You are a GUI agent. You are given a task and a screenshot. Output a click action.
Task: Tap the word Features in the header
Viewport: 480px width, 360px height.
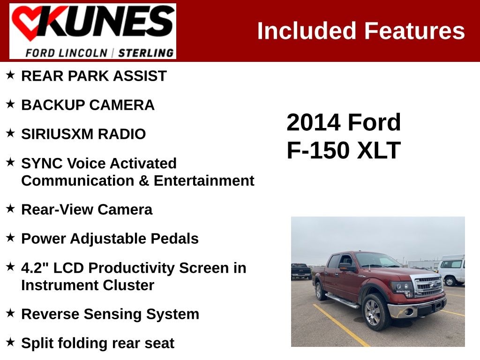pyautogui.click(x=414, y=31)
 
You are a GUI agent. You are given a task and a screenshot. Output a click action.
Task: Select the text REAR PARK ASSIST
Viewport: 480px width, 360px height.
pyautogui.click(x=94, y=76)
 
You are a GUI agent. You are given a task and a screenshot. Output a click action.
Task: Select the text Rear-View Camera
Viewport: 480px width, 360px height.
pyautogui.click(x=87, y=210)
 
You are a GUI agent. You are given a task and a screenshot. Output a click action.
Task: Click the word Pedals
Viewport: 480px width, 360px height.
pyautogui.click(x=174, y=239)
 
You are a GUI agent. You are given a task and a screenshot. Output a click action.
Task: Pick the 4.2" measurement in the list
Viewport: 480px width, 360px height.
pyautogui.click(x=35, y=268)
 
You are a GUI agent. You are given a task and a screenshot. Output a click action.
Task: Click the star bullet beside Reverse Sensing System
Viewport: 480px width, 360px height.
pyautogui.click(x=10, y=313)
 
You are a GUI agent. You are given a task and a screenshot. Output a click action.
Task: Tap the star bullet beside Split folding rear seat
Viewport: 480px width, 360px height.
pyautogui.click(x=10, y=342)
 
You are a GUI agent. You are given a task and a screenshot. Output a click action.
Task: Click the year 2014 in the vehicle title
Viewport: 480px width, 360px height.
pyautogui.click(x=313, y=123)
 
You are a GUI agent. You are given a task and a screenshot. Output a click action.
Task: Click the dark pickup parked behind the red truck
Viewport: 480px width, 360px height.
pyautogui.click(x=301, y=271)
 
